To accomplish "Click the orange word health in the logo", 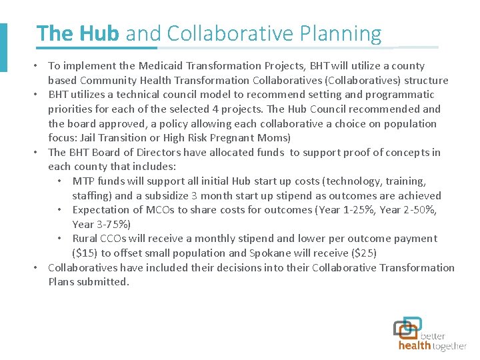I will coord(414,346).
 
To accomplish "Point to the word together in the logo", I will coord(450,346).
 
